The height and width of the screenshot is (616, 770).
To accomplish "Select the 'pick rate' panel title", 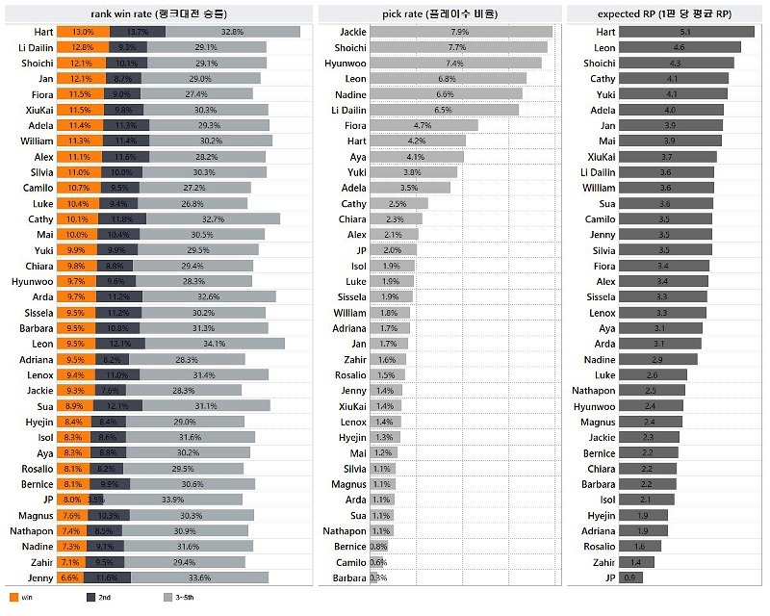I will click(440, 13).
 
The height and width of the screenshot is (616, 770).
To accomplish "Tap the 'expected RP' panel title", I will click(664, 13).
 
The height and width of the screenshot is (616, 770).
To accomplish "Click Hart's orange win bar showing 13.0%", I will click(82, 32).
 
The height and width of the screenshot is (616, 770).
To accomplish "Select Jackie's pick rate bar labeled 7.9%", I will click(460, 32).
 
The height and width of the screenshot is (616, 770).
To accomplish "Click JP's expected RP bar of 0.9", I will click(629, 577).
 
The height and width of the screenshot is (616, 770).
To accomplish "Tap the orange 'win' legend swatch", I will click(13, 598).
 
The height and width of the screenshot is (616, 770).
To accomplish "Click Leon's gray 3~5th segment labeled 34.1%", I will click(215, 344).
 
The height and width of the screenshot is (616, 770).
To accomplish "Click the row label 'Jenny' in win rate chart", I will click(40, 577).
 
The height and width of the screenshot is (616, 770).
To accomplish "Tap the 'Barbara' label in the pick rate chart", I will click(349, 577).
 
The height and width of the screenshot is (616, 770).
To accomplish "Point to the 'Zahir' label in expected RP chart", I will click(603, 562).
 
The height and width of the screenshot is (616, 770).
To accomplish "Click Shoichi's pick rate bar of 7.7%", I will click(458, 47).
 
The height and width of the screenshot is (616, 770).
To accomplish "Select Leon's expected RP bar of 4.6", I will click(680, 47).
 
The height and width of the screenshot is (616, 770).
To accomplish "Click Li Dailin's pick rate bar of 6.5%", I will click(444, 110).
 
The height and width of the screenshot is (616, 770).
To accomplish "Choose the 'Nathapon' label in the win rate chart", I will click(32, 530).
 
